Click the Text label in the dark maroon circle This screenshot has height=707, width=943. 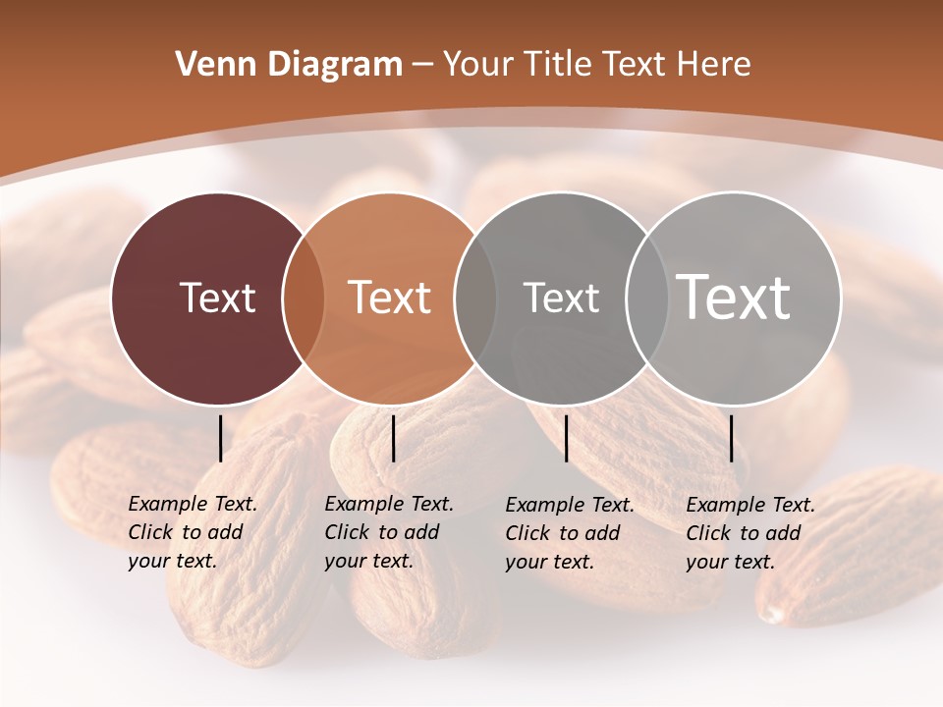tap(217, 298)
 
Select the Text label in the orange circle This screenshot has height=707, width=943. tap(390, 298)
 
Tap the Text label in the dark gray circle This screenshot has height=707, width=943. tap(561, 298)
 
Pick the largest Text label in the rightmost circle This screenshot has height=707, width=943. tap(734, 298)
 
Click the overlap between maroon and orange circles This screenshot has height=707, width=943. tap(304, 299)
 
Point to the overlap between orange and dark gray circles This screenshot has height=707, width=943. tap(475, 299)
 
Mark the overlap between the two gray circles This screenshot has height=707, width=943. tap(647, 299)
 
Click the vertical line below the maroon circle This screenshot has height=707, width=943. tap(221, 438)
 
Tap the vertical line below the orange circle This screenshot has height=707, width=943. tap(393, 438)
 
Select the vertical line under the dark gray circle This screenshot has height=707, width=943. tap(567, 438)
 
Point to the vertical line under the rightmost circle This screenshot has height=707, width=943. tap(732, 438)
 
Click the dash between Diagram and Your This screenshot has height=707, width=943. tap(422, 66)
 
